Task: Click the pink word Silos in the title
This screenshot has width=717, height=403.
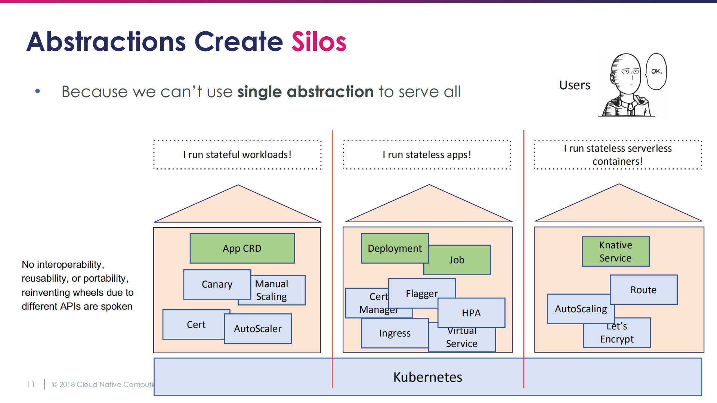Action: coord(319,41)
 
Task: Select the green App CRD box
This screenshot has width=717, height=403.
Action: coord(242,248)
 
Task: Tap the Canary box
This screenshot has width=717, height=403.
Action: coord(217,284)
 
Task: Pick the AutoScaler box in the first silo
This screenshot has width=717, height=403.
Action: coord(258,329)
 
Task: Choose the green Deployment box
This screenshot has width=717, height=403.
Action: coord(395,248)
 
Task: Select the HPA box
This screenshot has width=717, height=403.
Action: coord(471,313)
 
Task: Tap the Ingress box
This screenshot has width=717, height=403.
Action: coord(395,333)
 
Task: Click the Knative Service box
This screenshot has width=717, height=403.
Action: coord(615,251)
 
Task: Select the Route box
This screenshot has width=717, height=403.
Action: coord(643,290)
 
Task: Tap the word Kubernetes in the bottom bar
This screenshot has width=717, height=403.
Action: coord(427,377)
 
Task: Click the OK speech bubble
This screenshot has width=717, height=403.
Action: coord(656,71)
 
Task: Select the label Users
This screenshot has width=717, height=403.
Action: coord(575,85)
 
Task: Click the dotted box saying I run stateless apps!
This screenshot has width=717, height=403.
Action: coord(427,155)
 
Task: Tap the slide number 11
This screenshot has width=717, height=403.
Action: coord(31,384)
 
